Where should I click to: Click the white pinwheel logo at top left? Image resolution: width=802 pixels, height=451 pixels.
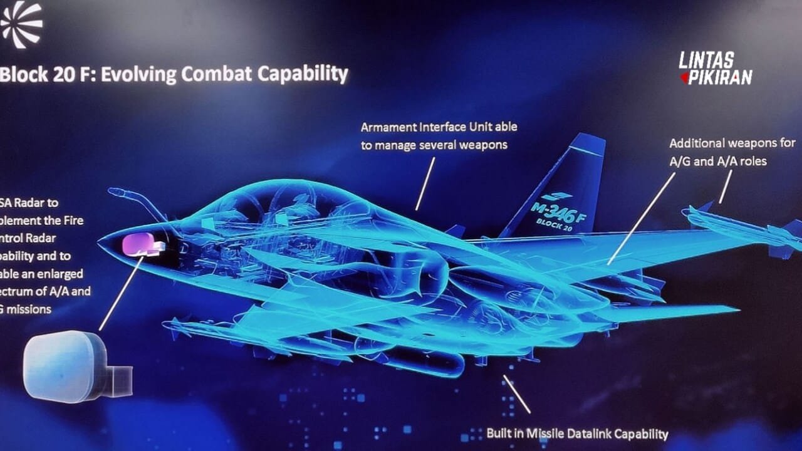tap(21, 23)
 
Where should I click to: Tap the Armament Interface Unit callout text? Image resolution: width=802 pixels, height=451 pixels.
tap(439, 135)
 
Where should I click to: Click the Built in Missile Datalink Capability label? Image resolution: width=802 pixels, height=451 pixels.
tap(577, 433)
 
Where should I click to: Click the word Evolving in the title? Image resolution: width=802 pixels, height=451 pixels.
tap(138, 74)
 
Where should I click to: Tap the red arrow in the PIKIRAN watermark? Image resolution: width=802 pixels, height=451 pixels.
tap(684, 78)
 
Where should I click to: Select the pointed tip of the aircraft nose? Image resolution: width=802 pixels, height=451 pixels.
tap(100, 239)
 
